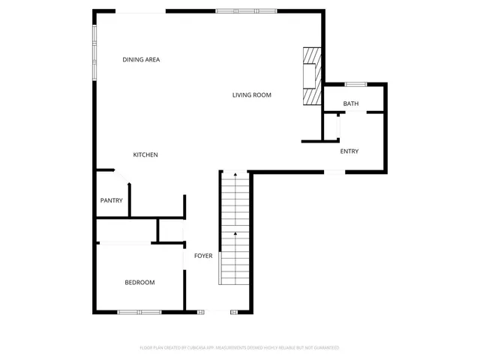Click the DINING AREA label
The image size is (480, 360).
coord(141,59)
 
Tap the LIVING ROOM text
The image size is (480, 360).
coord(251,95)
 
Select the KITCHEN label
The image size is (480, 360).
coord(145,154)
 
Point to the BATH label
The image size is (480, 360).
coord(350,103)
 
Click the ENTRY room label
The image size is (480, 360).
coord(349,151)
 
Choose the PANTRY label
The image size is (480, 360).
coord(111,200)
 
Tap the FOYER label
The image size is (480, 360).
coord(203,256)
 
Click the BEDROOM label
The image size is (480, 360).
coord(139,283)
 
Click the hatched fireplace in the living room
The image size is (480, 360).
coord(311,78)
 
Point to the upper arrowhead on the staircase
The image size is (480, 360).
coord(235,175)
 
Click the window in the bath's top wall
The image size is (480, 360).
coord(355,83)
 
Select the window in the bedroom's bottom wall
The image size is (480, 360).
coord(139,311)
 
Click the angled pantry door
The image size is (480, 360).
coord(122,177)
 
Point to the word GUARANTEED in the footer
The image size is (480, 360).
coord(324,348)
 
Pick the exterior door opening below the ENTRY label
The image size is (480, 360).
coord(334,172)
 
